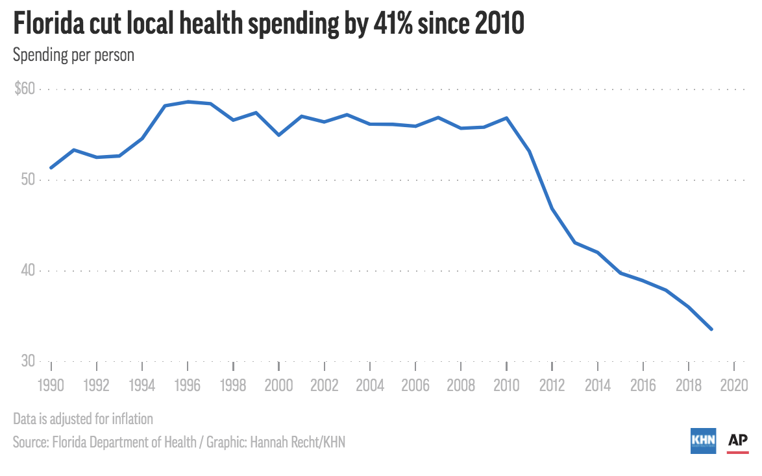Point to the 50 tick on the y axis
coord(28,180)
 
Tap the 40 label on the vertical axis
coord(28,270)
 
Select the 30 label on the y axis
coord(28,361)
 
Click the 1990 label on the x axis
coord(51,385)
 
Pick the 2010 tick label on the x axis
coord(506,385)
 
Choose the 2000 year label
coord(278,385)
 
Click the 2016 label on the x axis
coord(643,385)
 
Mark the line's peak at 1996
coord(188,102)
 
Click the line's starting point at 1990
coord(51,168)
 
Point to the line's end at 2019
coord(712,329)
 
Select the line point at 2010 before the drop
coord(506,118)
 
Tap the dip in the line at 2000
coord(278,135)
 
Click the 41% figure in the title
coord(395,25)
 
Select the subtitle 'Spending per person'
coord(73,55)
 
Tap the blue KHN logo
coord(703,440)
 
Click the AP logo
coord(738,441)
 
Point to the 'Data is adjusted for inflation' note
coord(82,419)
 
